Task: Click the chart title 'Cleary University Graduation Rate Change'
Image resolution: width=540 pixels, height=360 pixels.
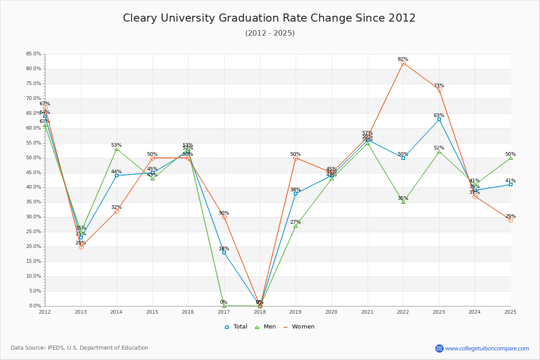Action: [269, 18]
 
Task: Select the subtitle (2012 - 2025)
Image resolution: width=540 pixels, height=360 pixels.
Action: [270, 33]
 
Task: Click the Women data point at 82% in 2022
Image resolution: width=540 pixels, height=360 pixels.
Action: [403, 63]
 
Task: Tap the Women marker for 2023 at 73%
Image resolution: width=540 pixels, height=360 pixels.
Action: [439, 90]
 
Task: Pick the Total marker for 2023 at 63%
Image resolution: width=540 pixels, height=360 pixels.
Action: [439, 119]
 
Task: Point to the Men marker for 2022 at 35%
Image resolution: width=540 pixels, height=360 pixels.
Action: [403, 202]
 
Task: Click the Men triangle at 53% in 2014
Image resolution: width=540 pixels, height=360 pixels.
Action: [117, 149]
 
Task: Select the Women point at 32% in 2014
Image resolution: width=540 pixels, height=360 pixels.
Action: [117, 211]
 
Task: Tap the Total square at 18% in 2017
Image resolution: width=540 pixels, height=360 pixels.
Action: [224, 252]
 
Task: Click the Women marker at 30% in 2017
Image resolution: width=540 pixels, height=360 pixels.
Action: [224, 217]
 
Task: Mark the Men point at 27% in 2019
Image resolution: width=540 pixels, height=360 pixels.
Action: [296, 226]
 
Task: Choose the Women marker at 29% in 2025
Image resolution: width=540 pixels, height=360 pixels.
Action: [511, 220]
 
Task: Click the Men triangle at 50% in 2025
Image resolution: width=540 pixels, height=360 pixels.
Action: [511, 158]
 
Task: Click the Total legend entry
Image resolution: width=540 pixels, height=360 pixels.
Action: [236, 327]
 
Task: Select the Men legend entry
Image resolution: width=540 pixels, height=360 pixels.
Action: [266, 327]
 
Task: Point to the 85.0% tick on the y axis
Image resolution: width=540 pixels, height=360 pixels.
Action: [34, 54]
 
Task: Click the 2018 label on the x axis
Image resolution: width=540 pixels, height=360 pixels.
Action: [260, 311]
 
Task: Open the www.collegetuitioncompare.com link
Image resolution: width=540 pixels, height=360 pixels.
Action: [487, 348]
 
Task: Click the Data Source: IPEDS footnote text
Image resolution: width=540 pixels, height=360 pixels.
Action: [80, 348]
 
